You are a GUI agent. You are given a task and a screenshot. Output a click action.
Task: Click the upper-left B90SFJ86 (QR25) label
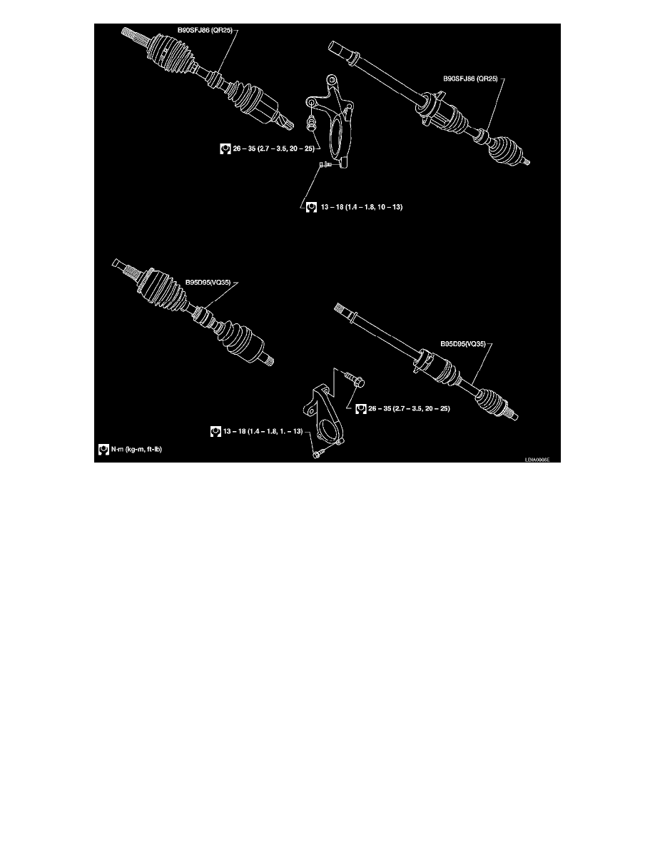[x=205, y=30]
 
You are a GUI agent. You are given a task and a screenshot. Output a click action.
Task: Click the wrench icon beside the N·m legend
[x=103, y=450]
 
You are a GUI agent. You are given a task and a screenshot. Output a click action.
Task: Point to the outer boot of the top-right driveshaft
[x=504, y=153]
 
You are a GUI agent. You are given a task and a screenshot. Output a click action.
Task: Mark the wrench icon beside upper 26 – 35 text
[x=224, y=149]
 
